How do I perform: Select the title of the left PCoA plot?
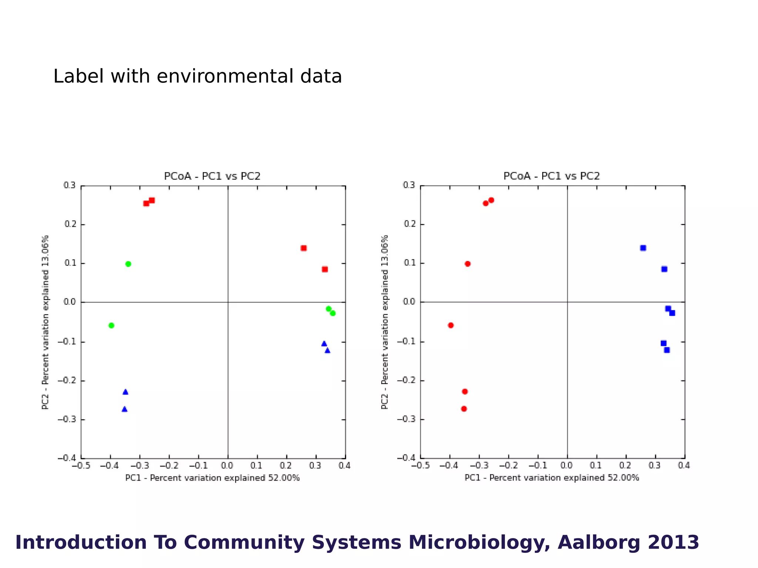click(x=212, y=176)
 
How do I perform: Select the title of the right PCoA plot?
click(x=551, y=176)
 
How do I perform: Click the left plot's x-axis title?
click(x=212, y=478)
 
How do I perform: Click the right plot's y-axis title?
click(x=385, y=322)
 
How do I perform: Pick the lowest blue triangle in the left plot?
click(x=124, y=409)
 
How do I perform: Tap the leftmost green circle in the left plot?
click(x=111, y=325)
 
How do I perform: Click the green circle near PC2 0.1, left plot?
click(x=128, y=264)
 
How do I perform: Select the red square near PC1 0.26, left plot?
click(x=303, y=248)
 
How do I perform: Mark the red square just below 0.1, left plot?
click(x=325, y=269)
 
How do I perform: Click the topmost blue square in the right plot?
click(x=643, y=248)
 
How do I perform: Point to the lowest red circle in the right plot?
click(x=464, y=409)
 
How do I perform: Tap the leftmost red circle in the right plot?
click(x=450, y=325)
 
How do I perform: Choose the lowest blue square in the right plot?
click(x=667, y=350)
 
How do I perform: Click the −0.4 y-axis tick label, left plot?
click(x=67, y=458)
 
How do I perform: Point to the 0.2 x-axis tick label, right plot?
click(x=625, y=466)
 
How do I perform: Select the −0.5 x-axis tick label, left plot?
click(x=81, y=466)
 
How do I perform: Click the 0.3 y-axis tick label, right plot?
click(x=409, y=185)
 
